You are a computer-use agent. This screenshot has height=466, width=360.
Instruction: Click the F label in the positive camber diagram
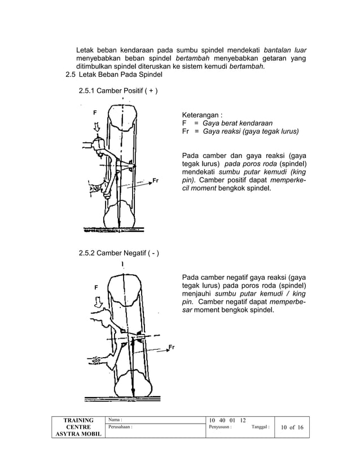[x=95, y=112]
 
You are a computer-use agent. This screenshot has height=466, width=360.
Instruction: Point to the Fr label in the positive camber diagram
[x=156, y=181]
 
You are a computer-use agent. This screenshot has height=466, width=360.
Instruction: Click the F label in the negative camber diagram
[x=96, y=288]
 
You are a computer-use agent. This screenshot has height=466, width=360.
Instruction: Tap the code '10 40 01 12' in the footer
[x=227, y=419]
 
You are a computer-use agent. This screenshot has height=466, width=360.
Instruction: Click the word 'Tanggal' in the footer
[x=260, y=428]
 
